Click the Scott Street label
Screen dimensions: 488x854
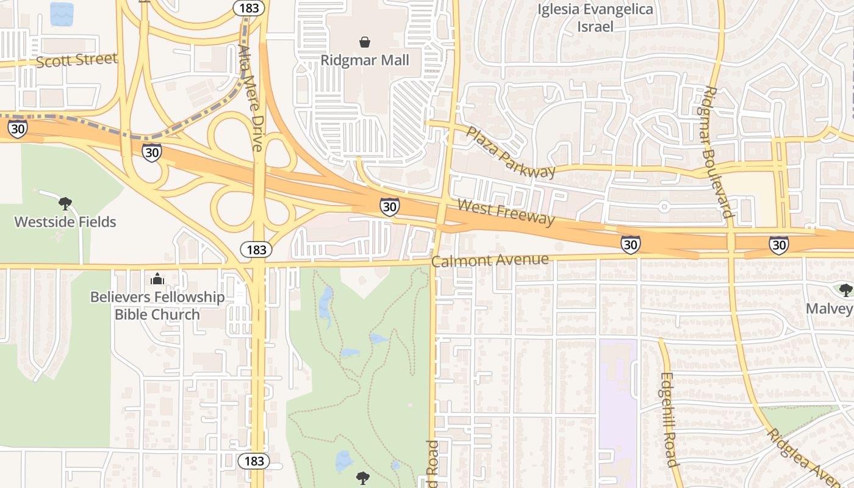pyautogui.click(x=76, y=60)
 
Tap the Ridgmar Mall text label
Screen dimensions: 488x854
pyautogui.click(x=365, y=60)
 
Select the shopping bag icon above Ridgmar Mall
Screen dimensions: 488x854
pyautogui.click(x=365, y=42)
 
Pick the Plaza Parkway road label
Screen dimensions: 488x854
pyautogui.click(x=511, y=152)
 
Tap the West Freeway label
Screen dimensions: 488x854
pyautogui.click(x=506, y=212)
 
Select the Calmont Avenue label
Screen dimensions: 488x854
pyautogui.click(x=490, y=260)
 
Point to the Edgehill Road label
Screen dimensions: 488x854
pyautogui.click(x=669, y=419)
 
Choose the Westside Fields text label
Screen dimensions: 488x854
pyautogui.click(x=65, y=221)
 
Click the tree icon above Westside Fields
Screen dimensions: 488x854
pyautogui.click(x=65, y=203)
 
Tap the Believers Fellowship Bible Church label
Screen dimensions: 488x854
pyautogui.click(x=157, y=306)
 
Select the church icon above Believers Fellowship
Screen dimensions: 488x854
pyautogui.click(x=157, y=279)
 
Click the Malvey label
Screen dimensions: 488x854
pyautogui.click(x=829, y=308)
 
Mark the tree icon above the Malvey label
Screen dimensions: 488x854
pyautogui.click(x=845, y=290)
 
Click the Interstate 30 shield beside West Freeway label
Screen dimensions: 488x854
pyautogui.click(x=389, y=207)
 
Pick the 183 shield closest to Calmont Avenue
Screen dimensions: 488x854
pyautogui.click(x=256, y=249)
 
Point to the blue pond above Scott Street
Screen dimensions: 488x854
pyautogui.click(x=62, y=13)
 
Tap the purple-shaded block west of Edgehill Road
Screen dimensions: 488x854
pyautogui.click(x=617, y=403)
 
